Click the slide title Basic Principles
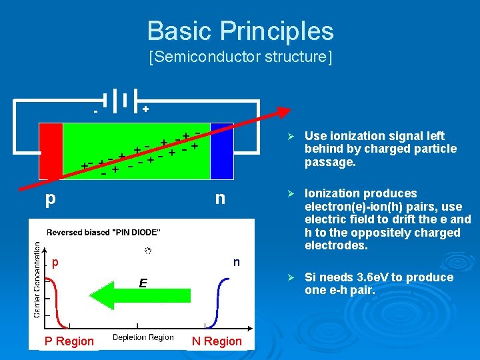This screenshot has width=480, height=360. pyautogui.click(x=240, y=31)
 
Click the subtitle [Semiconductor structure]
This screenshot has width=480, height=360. pyautogui.click(x=240, y=57)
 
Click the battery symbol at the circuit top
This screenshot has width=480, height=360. pyautogui.click(x=121, y=99)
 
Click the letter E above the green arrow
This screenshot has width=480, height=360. pyautogui.click(x=143, y=283)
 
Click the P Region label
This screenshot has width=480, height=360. pyautogui.click(x=69, y=341)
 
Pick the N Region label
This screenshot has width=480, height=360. pyautogui.click(x=217, y=341)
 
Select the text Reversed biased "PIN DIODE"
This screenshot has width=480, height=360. pyautogui.click(x=103, y=233)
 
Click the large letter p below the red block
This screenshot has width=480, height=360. pyautogui.click(x=50, y=199)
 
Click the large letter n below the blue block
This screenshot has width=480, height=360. pyautogui.click(x=219, y=199)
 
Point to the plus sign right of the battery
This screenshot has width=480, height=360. pyautogui.click(x=145, y=108)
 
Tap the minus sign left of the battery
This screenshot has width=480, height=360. pyautogui.click(x=95, y=111)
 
